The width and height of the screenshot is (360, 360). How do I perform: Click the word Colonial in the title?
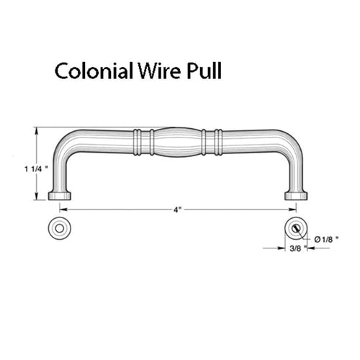point(94,71)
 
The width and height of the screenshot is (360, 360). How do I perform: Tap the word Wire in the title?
point(159,71)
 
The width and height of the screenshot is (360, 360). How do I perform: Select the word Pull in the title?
point(204,71)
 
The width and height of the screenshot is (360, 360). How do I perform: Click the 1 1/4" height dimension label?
point(35,169)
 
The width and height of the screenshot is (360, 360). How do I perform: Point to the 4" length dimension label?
point(177,210)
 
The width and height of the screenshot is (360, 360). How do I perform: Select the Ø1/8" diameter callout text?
point(326,239)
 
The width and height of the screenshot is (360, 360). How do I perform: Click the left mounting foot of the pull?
point(60,196)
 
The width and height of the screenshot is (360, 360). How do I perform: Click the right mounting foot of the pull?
point(296,196)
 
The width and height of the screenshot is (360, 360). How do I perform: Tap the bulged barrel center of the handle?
point(178,142)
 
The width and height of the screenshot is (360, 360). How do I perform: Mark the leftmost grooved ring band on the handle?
point(137,142)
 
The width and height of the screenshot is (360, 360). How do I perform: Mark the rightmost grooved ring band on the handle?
point(218,142)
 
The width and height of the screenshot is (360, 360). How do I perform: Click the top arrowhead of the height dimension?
point(37,131)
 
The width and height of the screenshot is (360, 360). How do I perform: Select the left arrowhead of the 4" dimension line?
point(63,210)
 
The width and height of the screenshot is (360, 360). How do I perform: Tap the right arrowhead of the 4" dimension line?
point(292,210)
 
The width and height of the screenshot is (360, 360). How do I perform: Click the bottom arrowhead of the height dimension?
point(37,196)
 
